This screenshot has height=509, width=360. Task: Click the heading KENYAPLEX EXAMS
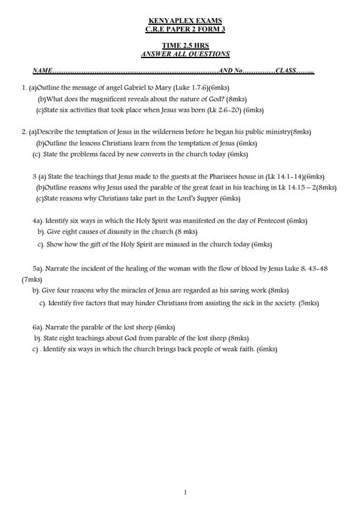185,21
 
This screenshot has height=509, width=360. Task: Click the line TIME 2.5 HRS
185,46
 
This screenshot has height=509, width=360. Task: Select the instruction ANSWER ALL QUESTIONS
185,54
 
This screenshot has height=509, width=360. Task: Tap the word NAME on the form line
42,71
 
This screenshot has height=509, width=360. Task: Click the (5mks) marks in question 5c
309,303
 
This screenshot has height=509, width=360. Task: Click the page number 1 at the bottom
185,492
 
